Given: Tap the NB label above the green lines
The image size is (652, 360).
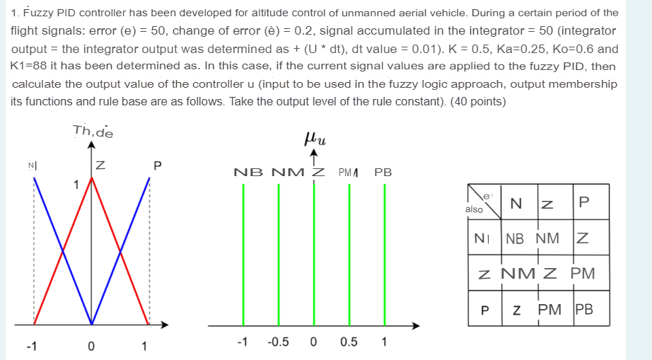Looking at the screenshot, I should pyautogui.click(x=245, y=172).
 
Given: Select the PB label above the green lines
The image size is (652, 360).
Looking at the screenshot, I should pyautogui.click(x=383, y=172).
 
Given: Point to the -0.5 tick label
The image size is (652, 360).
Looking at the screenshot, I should pyautogui.click(x=278, y=343).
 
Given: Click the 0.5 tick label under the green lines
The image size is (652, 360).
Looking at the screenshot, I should pyautogui.click(x=348, y=343).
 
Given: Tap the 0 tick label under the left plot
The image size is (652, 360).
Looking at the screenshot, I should pyautogui.click(x=91, y=347).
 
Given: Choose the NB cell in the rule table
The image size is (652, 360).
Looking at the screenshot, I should pyautogui.click(x=515, y=238).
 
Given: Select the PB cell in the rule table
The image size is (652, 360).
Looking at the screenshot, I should pyautogui.click(x=583, y=309).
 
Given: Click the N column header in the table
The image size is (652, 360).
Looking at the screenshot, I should pyautogui.click(x=516, y=204).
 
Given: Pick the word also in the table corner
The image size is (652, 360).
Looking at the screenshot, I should pyautogui.click(x=475, y=209).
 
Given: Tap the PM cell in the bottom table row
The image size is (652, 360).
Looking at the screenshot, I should pyautogui.click(x=549, y=309).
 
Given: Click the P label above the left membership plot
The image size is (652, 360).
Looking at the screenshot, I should pyautogui.click(x=158, y=166).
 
